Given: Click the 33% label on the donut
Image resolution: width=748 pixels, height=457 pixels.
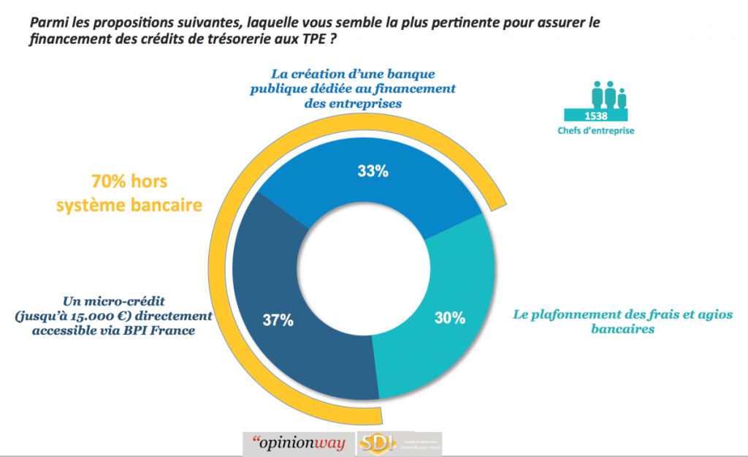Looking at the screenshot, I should (373, 172).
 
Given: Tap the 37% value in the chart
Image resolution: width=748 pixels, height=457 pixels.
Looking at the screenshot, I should (278, 320).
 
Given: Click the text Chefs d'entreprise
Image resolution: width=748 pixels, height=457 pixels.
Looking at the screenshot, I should (596, 132).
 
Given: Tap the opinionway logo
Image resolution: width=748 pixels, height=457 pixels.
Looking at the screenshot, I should (298, 443).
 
